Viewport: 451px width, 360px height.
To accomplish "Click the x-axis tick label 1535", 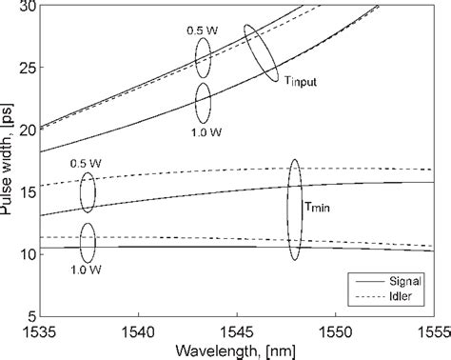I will [41, 330].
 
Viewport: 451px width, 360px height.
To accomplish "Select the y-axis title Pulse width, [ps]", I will [9, 161].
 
